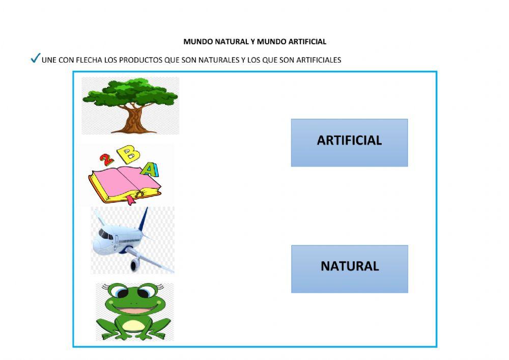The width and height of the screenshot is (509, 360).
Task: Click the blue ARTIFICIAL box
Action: pos(349,143)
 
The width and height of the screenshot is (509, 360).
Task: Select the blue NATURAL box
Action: pos(349,269)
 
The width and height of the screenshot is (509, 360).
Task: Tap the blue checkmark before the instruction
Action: pos(35,59)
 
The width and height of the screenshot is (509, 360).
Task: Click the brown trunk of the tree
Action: pos(134,120)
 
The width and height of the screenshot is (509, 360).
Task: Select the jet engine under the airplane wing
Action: pos(135,264)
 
